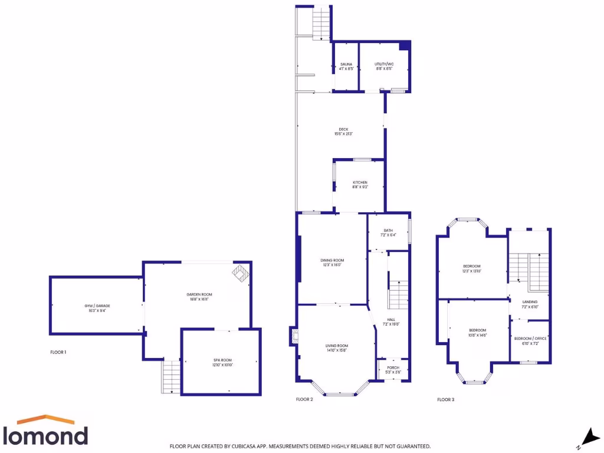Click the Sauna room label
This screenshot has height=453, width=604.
pyautogui.click(x=346, y=64)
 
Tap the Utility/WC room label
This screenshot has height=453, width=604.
pyautogui.click(x=384, y=64)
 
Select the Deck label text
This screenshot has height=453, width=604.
pyautogui.click(x=343, y=130)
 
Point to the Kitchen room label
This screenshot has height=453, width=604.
pyautogui.click(x=360, y=183)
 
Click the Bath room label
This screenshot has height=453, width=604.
pyautogui.click(x=388, y=231)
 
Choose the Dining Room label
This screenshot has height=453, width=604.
pyautogui.click(x=332, y=260)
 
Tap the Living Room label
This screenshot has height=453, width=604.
pyautogui.click(x=337, y=346)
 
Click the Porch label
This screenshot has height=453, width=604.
pyautogui.click(x=393, y=368)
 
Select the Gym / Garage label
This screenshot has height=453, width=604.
pyautogui.click(x=97, y=306)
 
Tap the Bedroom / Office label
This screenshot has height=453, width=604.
pyautogui.click(x=530, y=339)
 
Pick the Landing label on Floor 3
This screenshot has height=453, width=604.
pyautogui.click(x=530, y=302)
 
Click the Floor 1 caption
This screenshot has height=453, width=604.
pyautogui.click(x=58, y=352)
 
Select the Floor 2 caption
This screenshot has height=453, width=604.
pyautogui.click(x=304, y=399)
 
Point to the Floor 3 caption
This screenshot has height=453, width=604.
pyautogui.click(x=446, y=399)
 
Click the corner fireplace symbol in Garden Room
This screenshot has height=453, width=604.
pyautogui.click(x=241, y=272)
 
